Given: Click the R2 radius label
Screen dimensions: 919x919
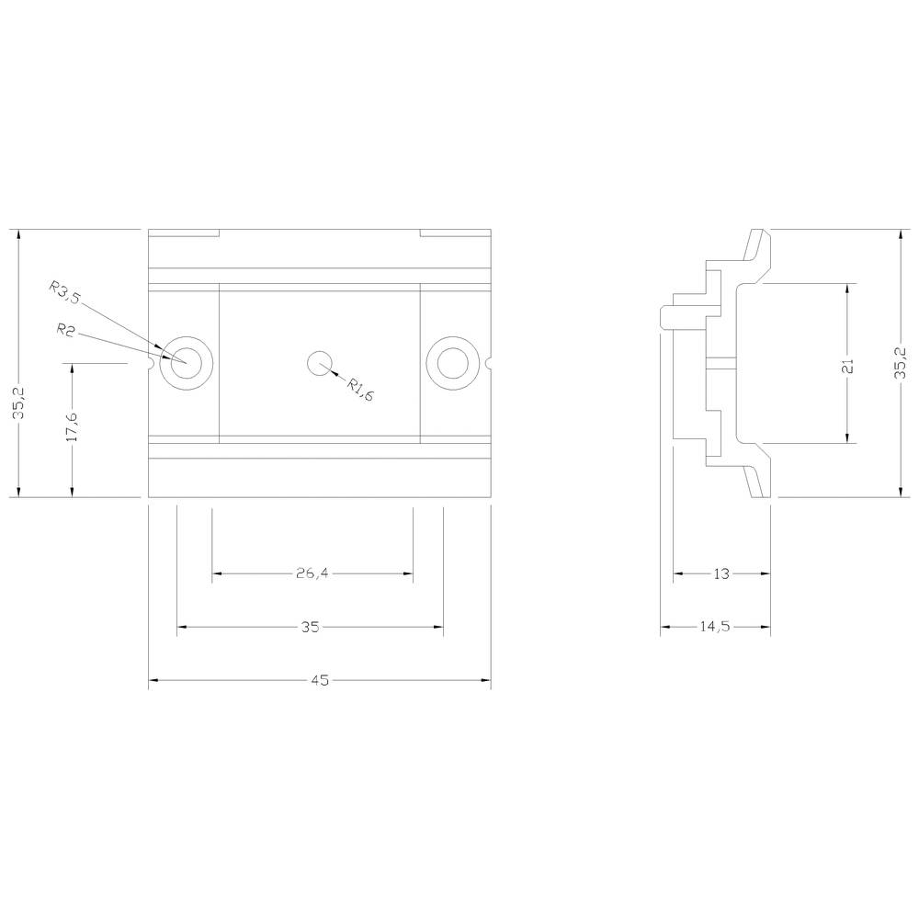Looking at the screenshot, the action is tap(65, 330).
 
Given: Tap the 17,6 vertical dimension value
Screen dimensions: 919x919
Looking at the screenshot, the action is tap(72, 426).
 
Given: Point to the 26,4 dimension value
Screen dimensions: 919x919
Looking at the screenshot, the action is tap(312, 573).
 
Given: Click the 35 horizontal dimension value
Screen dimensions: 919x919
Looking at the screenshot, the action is tap(310, 627).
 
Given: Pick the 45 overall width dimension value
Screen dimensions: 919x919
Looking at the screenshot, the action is tap(320, 680).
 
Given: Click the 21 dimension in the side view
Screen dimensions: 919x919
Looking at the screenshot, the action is tap(847, 367).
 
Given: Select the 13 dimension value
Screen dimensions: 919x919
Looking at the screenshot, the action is tap(721, 573).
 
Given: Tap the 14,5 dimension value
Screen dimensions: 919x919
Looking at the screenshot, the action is tap(715, 627).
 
